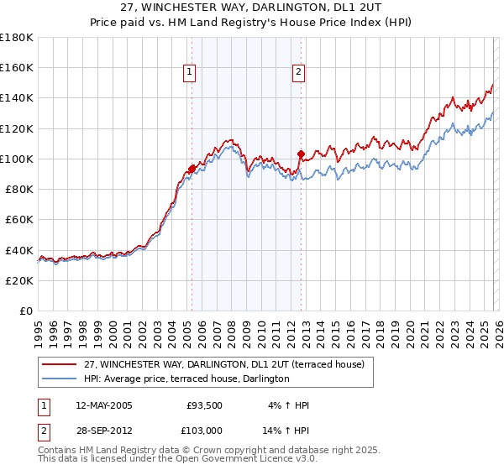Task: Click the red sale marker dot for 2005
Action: click(192, 169)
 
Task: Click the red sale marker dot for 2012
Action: click(301, 154)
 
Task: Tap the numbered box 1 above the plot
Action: click(191, 73)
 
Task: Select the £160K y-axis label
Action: click(17, 67)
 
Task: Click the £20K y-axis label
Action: click(20, 280)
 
